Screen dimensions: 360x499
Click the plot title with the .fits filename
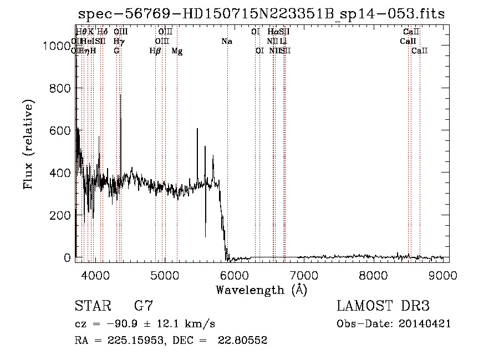(x=261, y=14)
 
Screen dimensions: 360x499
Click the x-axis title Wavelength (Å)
(x=261, y=290)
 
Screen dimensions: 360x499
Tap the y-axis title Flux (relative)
(x=28, y=144)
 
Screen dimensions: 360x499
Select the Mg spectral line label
(x=177, y=51)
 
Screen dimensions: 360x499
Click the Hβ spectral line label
(x=155, y=51)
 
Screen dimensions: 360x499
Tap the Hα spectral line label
(x=273, y=32)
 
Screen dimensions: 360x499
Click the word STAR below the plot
(x=91, y=306)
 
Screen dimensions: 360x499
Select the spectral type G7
(x=143, y=306)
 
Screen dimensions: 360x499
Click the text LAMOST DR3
(x=383, y=306)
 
